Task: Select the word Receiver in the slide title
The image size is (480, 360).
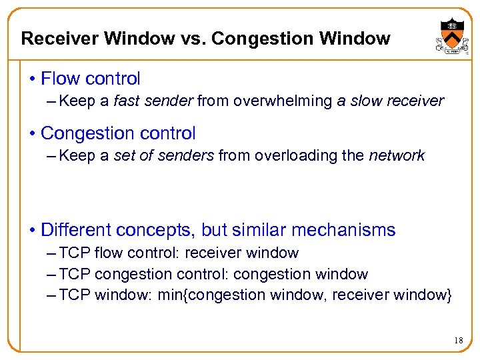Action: (x=55, y=39)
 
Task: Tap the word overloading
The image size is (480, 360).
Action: (x=288, y=156)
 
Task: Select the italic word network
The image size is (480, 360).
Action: (x=397, y=156)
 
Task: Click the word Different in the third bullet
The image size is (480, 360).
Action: (x=76, y=231)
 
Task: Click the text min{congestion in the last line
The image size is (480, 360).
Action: (x=199, y=295)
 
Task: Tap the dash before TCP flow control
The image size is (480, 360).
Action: (x=53, y=253)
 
